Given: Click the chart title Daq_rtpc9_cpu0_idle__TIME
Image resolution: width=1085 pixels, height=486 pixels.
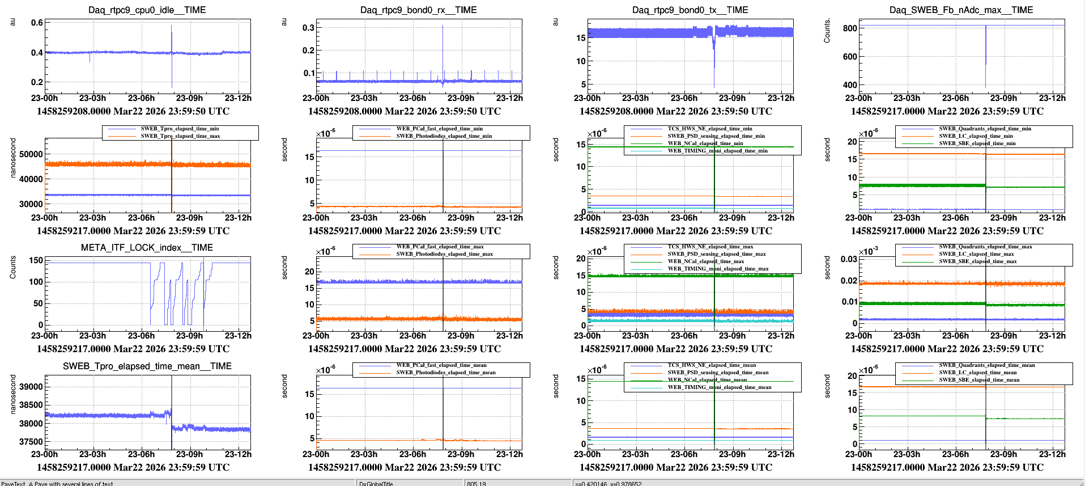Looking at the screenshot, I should pos(147,10).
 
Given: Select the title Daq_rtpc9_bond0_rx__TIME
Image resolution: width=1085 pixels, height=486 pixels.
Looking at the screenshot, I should pos(418,10).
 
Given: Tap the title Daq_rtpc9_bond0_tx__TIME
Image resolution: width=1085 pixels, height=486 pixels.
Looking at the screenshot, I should pos(690,10).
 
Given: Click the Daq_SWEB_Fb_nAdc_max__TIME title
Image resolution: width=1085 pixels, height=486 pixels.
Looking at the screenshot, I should pos(961,10).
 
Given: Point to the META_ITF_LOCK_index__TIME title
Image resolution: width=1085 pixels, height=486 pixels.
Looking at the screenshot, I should pos(147,248).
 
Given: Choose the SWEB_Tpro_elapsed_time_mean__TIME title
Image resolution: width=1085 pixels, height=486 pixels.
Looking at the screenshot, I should pos(147,366).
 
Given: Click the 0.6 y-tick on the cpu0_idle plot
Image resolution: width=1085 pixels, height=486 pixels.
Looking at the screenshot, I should pos(37,23).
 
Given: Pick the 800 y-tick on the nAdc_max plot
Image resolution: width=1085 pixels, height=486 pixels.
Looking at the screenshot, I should pos(850,28).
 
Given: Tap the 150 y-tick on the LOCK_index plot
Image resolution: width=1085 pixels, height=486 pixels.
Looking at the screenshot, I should pos(36,260).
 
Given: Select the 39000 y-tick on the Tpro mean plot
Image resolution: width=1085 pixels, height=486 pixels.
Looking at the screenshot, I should pos(31,387).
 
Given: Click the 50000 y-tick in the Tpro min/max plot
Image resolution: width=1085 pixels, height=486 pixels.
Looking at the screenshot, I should pos(31,154).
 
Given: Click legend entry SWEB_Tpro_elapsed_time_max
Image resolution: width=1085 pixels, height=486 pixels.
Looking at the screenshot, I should pos(180,136).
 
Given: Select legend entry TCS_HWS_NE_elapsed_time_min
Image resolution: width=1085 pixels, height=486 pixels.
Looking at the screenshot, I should pos(709,129).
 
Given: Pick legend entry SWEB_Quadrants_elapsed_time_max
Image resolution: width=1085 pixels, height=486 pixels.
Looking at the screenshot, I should pos(985,247).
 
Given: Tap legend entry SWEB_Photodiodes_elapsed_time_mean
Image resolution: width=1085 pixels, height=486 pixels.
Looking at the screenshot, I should pos(445,373).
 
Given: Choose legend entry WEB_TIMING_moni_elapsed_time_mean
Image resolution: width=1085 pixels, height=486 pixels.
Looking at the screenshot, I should pos(719,387).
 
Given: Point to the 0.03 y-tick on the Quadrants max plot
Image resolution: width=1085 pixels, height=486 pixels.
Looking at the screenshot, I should pos(849,259).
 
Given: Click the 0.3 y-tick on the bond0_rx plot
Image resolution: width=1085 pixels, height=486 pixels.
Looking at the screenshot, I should pos(308,28).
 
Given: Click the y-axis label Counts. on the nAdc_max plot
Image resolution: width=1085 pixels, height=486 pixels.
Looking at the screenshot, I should pos(827,31).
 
